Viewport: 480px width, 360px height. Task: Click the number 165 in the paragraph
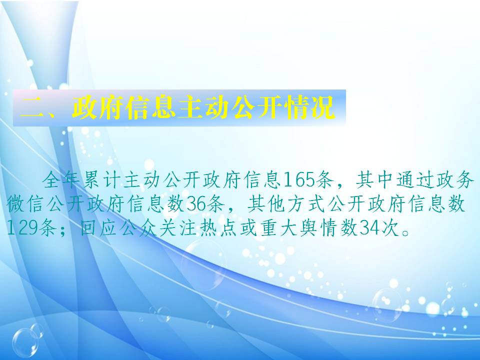pyautogui.click(x=299, y=180)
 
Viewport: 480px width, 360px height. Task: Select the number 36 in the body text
pyautogui.click(x=196, y=204)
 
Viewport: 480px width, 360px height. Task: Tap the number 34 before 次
pyautogui.click(x=370, y=228)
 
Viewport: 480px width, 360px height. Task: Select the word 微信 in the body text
pyautogui.click(x=25, y=204)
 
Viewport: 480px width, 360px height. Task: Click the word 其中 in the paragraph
pyautogui.click(x=374, y=180)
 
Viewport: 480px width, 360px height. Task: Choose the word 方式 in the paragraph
pyautogui.click(x=306, y=204)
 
